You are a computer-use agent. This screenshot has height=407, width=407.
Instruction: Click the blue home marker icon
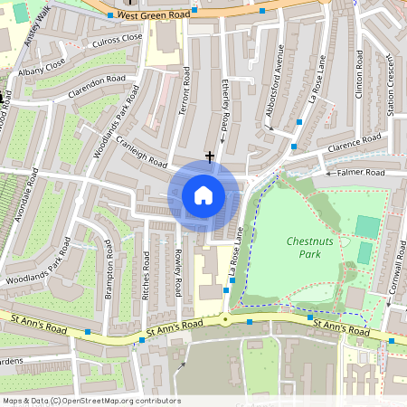(203, 195)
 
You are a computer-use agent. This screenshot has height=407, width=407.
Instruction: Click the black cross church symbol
(210, 156)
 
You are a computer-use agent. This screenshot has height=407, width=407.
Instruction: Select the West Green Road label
(154, 15)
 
